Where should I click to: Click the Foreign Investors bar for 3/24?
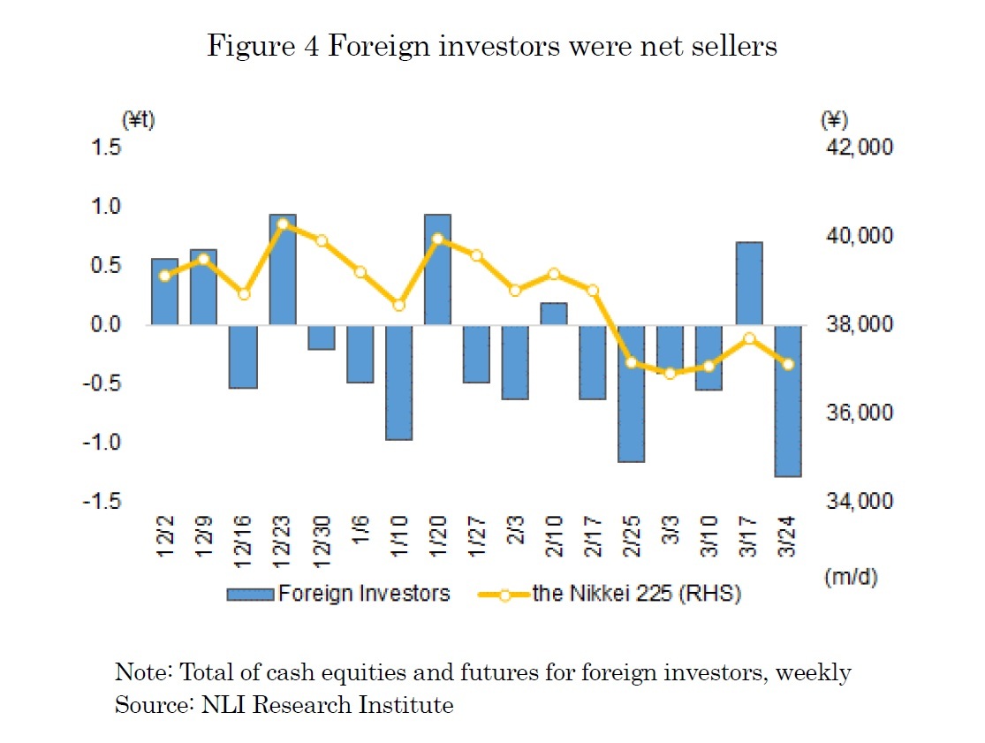click(788, 400)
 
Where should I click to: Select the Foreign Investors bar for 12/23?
click(283, 269)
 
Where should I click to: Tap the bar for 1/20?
click(437, 269)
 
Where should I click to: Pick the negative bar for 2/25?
click(632, 393)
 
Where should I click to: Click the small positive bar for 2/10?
click(554, 314)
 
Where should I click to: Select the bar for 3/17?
click(749, 284)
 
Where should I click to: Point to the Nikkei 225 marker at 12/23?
click(283, 224)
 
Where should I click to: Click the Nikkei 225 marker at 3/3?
click(671, 373)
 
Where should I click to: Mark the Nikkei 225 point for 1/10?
click(399, 305)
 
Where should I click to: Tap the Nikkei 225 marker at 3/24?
click(788, 364)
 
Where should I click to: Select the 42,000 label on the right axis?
click(857, 148)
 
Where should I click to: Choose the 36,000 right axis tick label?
click(857, 413)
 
